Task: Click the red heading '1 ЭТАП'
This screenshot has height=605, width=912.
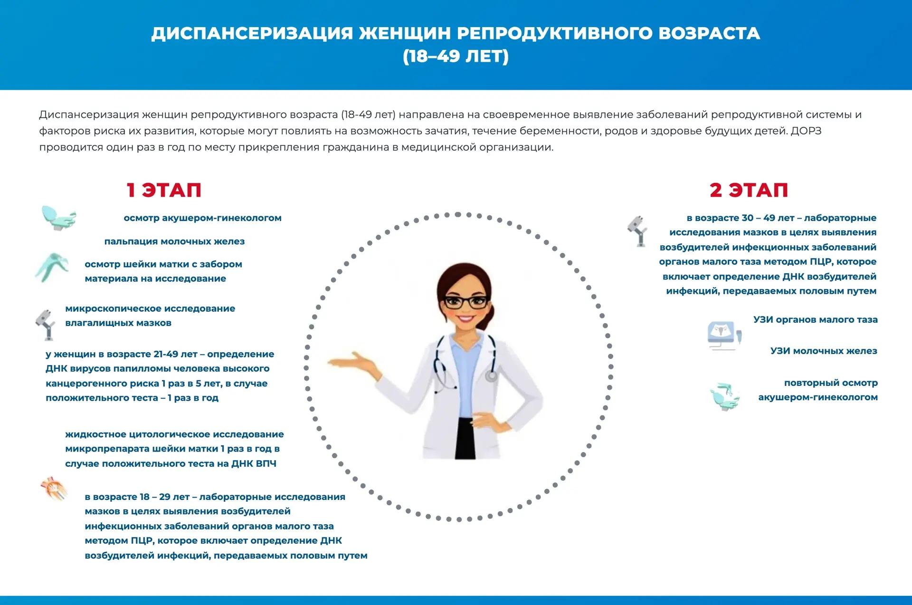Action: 164,190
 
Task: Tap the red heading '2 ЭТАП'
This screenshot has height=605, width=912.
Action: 749,190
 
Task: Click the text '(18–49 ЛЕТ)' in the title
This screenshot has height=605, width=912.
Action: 456,56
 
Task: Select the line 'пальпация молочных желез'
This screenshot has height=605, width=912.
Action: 174,241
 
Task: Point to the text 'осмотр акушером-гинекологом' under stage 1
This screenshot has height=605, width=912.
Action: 203,218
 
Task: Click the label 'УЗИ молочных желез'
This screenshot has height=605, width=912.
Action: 824,351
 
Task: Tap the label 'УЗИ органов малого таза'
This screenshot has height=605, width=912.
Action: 816,319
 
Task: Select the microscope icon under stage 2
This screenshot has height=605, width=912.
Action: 637,231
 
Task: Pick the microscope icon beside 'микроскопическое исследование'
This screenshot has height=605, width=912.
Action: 46,325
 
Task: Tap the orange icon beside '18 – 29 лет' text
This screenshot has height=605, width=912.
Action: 54,490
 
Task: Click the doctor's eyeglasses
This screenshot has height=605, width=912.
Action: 465,301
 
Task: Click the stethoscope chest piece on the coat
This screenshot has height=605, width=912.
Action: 491,376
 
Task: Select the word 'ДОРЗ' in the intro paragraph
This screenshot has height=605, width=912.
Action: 806,131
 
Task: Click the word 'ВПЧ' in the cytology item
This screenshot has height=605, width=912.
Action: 266,463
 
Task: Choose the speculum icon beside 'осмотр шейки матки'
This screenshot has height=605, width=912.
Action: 52,268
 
